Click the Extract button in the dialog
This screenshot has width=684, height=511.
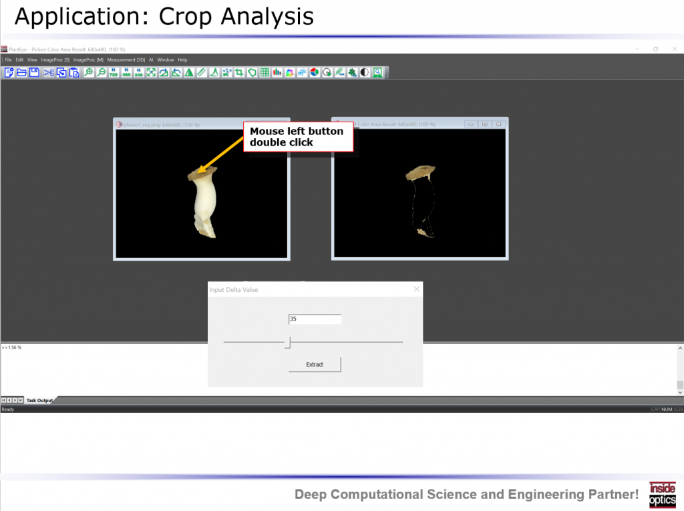pyautogui.click(x=315, y=364)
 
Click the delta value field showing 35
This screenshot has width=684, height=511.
pyautogui.click(x=315, y=319)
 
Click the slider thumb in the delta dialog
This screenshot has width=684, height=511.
pyautogui.click(x=288, y=342)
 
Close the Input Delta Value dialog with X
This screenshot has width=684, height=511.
pyautogui.click(x=417, y=289)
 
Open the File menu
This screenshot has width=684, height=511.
pyautogui.click(x=8, y=60)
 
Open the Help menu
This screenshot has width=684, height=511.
pyautogui.click(x=182, y=60)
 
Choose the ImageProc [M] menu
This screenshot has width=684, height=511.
pyautogui.click(x=88, y=60)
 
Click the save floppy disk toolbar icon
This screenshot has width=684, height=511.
pyautogui.click(x=34, y=73)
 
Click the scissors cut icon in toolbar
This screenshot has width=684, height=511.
pyautogui.click(x=49, y=73)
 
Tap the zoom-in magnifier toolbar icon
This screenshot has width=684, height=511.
pyautogui.click(x=88, y=73)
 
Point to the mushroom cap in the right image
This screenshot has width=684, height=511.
pyautogui.click(x=420, y=173)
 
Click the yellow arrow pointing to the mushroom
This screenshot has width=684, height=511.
pyautogui.click(x=224, y=151)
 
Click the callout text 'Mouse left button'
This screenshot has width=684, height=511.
pyautogui.click(x=297, y=132)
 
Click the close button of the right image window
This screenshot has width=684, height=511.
pyautogui.click(x=498, y=124)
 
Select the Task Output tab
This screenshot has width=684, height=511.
pyautogui.click(x=39, y=400)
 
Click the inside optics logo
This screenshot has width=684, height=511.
pyautogui.click(x=662, y=494)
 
